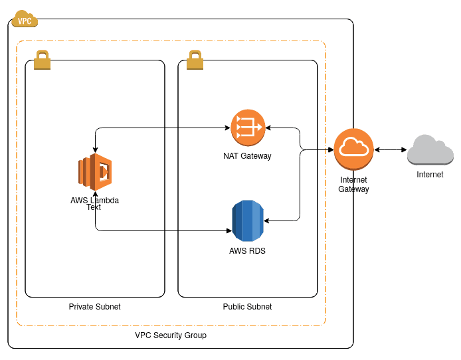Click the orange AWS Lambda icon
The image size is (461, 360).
95,172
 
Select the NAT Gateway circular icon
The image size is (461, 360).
248,128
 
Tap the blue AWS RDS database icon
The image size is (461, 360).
248,221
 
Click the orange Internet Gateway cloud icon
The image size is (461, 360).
353,149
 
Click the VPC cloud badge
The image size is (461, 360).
25,20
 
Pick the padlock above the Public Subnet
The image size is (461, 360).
195,60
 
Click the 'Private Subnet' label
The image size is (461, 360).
94,307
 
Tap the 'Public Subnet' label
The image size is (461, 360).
247,307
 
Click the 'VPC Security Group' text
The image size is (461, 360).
171,335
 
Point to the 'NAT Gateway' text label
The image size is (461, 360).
247,156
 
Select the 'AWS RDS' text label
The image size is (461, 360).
247,251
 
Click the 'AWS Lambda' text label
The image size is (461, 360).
94,200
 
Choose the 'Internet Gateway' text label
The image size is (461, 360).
353,185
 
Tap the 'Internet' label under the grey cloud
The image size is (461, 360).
430,175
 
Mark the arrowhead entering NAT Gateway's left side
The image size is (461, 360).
228,128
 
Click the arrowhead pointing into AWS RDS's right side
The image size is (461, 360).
266,221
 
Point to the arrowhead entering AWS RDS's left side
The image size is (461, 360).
229,231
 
